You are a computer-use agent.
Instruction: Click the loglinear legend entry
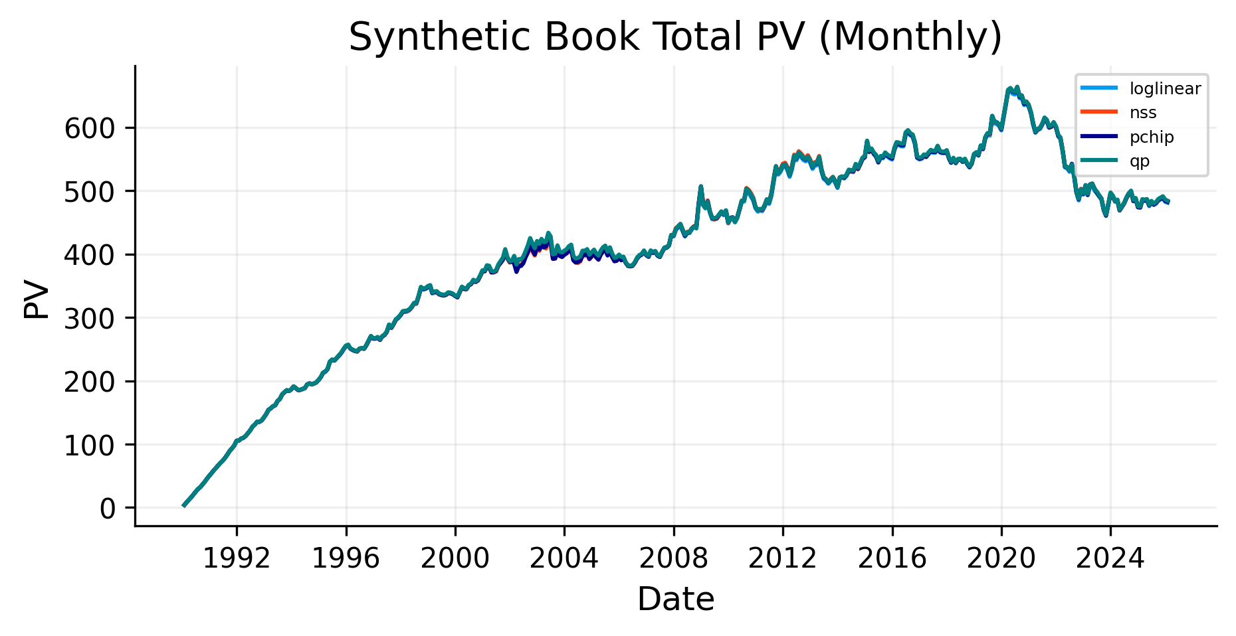click(x=1165, y=89)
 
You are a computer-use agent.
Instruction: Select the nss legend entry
click(x=1143, y=113)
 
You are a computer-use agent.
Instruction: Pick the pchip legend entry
click(x=1152, y=137)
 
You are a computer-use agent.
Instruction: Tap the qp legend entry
click(x=1140, y=161)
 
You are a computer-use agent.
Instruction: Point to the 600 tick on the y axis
click(x=90, y=128)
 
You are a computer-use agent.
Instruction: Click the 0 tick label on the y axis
click(x=108, y=509)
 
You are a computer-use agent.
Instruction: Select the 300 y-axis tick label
click(x=90, y=318)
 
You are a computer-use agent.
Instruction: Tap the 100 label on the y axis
click(x=90, y=445)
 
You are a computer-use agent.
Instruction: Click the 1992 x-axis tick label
click(x=237, y=559)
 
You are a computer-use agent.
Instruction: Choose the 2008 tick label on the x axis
click(x=673, y=559)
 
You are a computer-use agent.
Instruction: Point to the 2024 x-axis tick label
click(x=1110, y=559)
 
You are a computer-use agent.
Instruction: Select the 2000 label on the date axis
click(x=455, y=559)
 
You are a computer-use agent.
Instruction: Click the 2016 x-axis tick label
click(x=892, y=559)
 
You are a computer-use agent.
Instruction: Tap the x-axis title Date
click(x=675, y=599)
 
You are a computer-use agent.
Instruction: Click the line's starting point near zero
click(x=183, y=506)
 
